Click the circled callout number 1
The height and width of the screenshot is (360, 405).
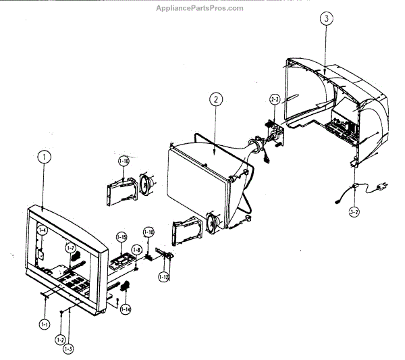(43, 157)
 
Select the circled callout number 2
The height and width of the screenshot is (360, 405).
(215, 99)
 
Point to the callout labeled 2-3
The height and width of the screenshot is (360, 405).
(275, 99)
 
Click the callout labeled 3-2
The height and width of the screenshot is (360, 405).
(354, 212)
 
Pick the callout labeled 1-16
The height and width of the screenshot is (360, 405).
(124, 161)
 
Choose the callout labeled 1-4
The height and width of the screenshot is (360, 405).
(42, 230)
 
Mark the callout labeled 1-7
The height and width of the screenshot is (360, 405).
(71, 249)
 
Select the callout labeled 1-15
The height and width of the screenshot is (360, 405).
(122, 237)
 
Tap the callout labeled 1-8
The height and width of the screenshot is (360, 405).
(136, 250)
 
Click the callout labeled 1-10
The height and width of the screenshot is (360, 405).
(148, 232)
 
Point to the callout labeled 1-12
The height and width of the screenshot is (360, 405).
(164, 276)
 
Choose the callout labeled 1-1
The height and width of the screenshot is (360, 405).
(45, 324)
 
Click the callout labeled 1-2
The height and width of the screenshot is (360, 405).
(60, 340)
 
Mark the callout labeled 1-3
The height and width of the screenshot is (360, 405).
(69, 349)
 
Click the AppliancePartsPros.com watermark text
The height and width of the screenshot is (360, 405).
(200, 7)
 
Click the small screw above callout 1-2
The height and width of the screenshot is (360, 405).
(61, 311)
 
